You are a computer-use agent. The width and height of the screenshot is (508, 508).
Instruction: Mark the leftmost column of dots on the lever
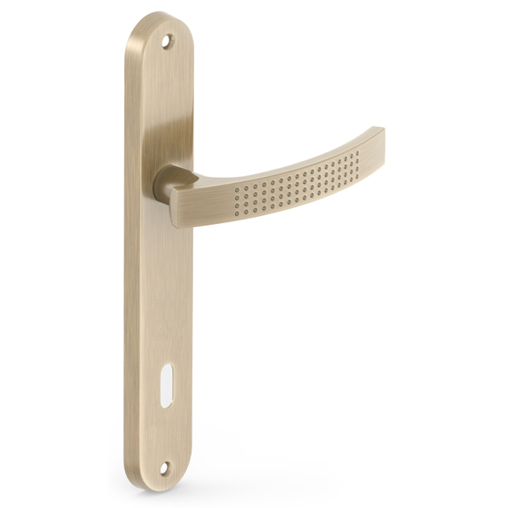point(237,198)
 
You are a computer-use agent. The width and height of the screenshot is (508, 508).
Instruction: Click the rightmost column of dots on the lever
point(357,163)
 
